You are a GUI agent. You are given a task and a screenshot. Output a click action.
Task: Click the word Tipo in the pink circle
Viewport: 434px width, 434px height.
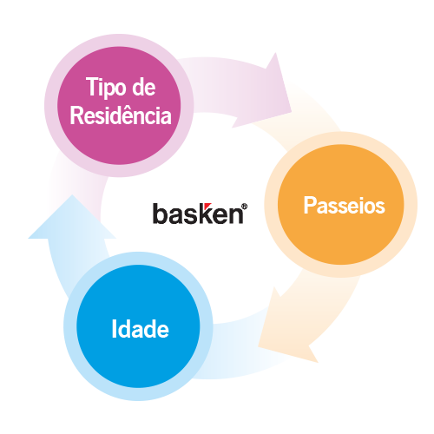[106, 87]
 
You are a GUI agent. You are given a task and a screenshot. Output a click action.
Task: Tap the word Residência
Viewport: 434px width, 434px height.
[121, 115]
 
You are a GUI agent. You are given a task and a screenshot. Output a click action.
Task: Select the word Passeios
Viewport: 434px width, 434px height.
[344, 206]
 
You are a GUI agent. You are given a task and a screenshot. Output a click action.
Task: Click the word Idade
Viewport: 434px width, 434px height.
[140, 329]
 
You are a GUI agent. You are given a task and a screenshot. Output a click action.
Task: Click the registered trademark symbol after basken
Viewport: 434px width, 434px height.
[245, 207]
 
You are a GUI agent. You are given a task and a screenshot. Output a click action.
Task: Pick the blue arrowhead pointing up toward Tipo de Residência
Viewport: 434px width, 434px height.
[72, 220]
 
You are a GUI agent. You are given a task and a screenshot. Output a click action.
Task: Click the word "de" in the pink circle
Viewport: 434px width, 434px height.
[144, 87]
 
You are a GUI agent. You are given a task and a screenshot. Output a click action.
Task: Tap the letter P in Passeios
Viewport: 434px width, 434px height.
[309, 205]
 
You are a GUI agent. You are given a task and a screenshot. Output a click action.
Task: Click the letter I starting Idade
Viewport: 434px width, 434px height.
[114, 329]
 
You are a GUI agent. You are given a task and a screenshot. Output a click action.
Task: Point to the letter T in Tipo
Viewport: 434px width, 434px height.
[91, 86]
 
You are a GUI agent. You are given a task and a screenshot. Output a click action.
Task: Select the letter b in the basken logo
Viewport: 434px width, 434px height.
[159, 214]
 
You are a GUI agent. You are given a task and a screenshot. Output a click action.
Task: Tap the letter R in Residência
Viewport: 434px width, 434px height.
[76, 115]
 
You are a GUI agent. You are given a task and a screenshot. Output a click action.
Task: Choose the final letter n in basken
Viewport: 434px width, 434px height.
[237, 216]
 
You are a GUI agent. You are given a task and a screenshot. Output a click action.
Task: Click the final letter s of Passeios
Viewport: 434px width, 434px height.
[380, 207]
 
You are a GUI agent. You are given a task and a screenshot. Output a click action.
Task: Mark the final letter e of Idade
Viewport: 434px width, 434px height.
[163, 331]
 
